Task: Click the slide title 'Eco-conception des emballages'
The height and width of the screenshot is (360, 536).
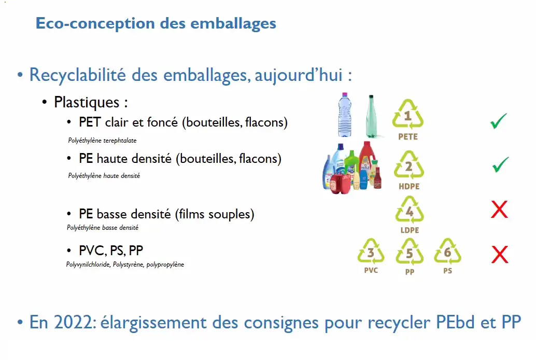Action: point(156,24)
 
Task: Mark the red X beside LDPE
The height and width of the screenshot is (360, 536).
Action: point(499,210)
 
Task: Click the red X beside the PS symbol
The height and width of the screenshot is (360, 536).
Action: point(500,255)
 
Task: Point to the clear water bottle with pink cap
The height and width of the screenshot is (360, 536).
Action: point(345,115)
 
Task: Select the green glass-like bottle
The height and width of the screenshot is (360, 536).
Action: point(371,117)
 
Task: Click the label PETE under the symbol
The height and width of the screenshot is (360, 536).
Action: point(408,137)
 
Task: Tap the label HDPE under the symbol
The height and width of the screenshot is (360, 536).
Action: point(409,187)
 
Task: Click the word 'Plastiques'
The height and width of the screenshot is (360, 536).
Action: point(87,102)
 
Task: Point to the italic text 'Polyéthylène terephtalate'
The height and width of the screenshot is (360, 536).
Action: point(102,141)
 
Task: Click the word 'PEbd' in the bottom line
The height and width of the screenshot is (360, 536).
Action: point(456,322)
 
